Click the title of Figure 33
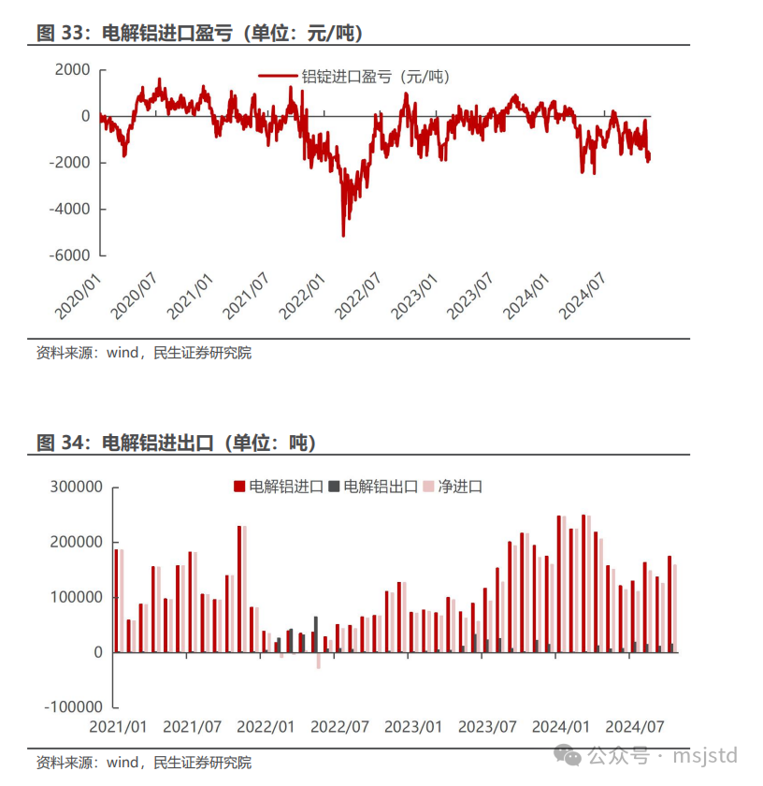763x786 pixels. click(199, 33)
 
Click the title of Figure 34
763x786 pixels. click(176, 443)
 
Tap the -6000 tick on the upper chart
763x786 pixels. click(69, 255)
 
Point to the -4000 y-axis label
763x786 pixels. click(69, 209)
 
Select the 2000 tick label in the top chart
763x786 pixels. click(73, 69)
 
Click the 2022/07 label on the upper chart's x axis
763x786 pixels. click(358, 296)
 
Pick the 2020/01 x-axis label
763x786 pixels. click(78, 296)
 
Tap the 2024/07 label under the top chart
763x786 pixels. click(582, 296)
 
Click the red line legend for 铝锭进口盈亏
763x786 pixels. click(278, 76)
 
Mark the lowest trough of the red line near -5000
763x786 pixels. click(343, 235)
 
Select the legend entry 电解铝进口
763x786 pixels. click(279, 487)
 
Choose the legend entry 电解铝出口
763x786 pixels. click(373, 487)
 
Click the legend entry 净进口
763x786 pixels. click(453, 487)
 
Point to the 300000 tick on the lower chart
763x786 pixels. click(76, 487)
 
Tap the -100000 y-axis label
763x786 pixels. click(74, 707)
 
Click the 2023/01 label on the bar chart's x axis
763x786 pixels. click(413, 727)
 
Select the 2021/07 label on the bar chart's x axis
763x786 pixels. click(193, 727)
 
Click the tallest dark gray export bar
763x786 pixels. click(316, 634)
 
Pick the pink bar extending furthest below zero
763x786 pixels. click(319, 661)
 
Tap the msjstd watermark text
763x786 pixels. click(705, 755)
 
